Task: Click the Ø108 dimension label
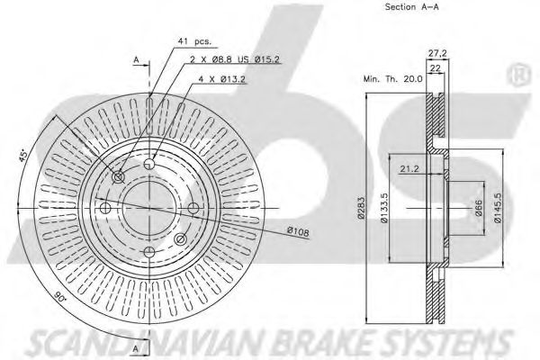pyautogui.click(x=299, y=232)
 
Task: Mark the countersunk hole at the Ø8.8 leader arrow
pyautogui.click(x=119, y=177)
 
